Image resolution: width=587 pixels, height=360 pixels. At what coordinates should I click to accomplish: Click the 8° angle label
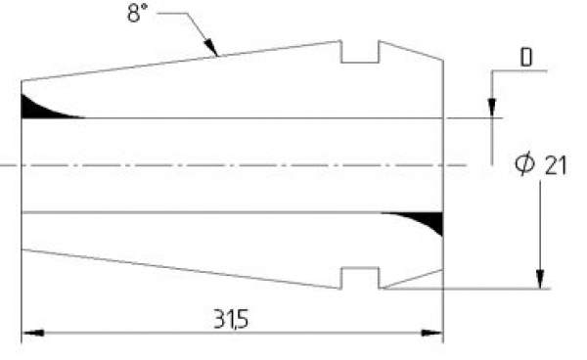[x=137, y=13]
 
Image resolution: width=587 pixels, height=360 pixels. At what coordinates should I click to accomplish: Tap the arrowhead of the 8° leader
[x=210, y=48]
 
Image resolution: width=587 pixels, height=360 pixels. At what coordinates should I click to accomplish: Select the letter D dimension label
[x=526, y=58]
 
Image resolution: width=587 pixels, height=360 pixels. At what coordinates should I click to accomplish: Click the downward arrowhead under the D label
[x=492, y=109]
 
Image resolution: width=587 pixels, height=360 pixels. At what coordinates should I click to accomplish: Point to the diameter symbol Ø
[x=524, y=163]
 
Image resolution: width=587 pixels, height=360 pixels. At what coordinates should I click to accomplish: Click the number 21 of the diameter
[x=556, y=165]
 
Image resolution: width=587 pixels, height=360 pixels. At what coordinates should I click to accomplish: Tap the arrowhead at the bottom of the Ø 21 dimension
[x=540, y=279]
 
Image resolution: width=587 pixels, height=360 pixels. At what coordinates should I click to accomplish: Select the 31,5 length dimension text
[x=231, y=319]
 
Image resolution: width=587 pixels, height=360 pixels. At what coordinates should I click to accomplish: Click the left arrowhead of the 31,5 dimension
[x=33, y=333]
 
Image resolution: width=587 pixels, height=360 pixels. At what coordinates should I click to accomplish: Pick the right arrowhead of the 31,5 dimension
[x=431, y=333]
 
